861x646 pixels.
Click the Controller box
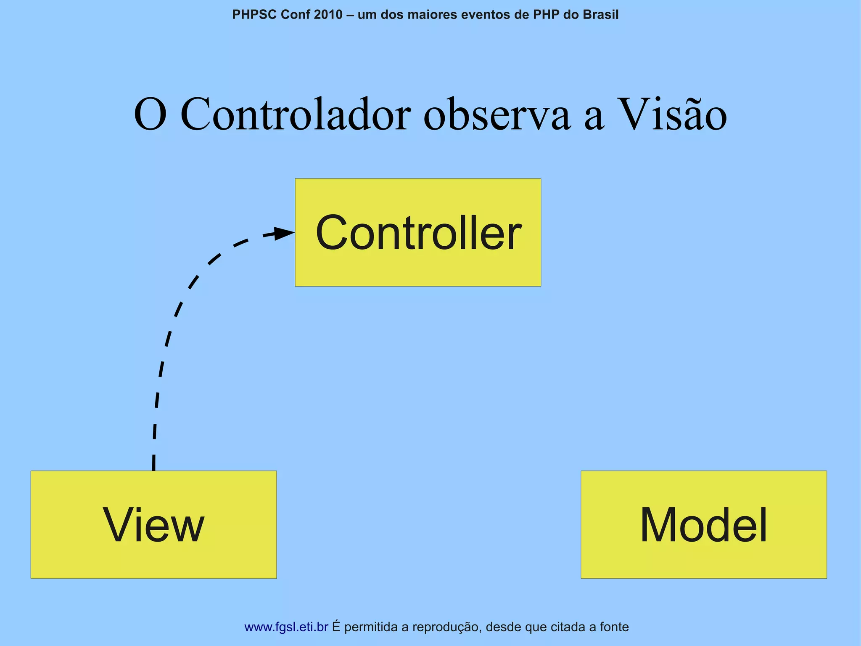[418, 232]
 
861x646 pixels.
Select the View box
[153, 524]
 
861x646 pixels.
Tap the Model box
[703, 524]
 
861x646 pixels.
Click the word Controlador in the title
[295, 114]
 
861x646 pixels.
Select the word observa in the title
[497, 114]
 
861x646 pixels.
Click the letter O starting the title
[150, 114]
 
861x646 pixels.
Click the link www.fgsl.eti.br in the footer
[286, 627]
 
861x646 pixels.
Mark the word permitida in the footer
[370, 627]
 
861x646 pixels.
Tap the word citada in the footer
[569, 627]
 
